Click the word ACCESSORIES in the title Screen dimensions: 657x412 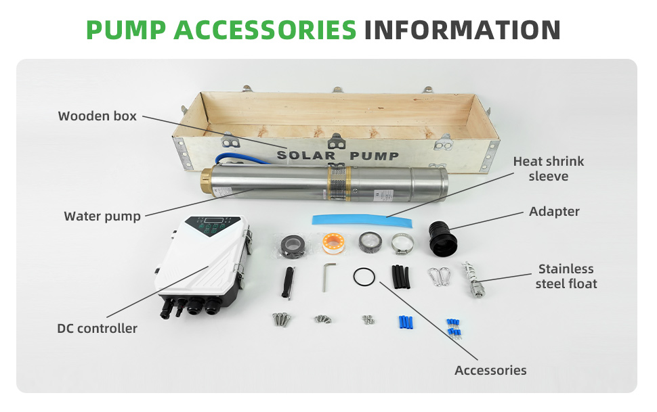(265, 30)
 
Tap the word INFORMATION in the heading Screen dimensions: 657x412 (462, 30)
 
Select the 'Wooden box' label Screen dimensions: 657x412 (98, 116)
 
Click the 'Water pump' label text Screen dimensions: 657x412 (102, 216)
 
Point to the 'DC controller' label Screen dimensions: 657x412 (98, 328)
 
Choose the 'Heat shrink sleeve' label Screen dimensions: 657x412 (549, 168)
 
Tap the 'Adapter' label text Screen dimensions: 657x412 (554, 212)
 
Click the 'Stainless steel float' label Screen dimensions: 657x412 (566, 276)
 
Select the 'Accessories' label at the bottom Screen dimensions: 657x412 (490, 371)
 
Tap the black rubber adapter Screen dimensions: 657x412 (442, 239)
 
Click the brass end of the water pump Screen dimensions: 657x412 (205, 184)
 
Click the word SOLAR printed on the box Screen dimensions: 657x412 (306, 156)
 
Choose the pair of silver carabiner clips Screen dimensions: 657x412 (439, 277)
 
